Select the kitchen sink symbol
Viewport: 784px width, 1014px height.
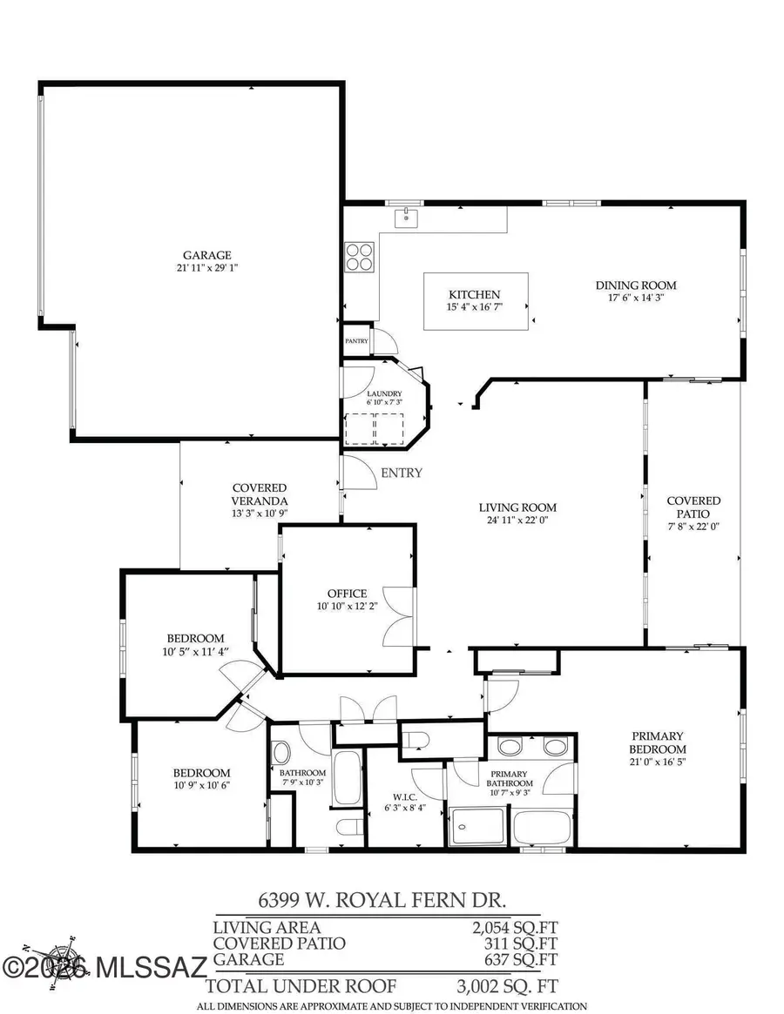405,217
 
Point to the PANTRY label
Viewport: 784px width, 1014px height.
357,341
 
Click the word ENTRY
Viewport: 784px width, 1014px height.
402,473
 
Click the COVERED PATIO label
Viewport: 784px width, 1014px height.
693,507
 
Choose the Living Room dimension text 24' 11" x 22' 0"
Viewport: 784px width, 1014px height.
517,520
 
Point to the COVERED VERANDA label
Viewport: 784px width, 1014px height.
260,494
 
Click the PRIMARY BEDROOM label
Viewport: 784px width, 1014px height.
658,742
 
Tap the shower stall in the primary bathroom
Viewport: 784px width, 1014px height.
477,826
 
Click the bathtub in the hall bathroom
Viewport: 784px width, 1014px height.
347,778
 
